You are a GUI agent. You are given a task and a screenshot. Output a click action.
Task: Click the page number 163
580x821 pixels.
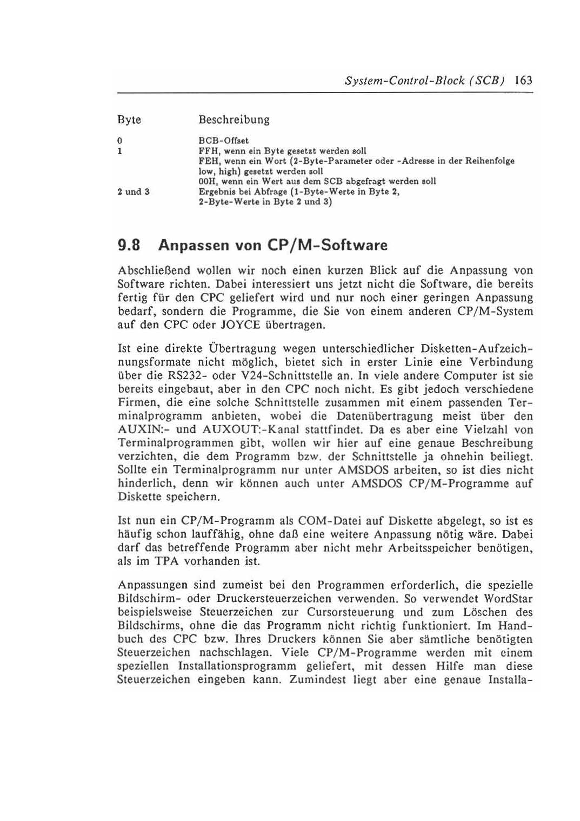pyautogui.click(x=523, y=81)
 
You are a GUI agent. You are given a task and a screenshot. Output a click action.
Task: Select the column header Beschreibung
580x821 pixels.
pyautogui.click(x=234, y=120)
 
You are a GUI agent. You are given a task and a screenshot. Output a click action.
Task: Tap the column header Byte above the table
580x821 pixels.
pyautogui.click(x=129, y=120)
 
